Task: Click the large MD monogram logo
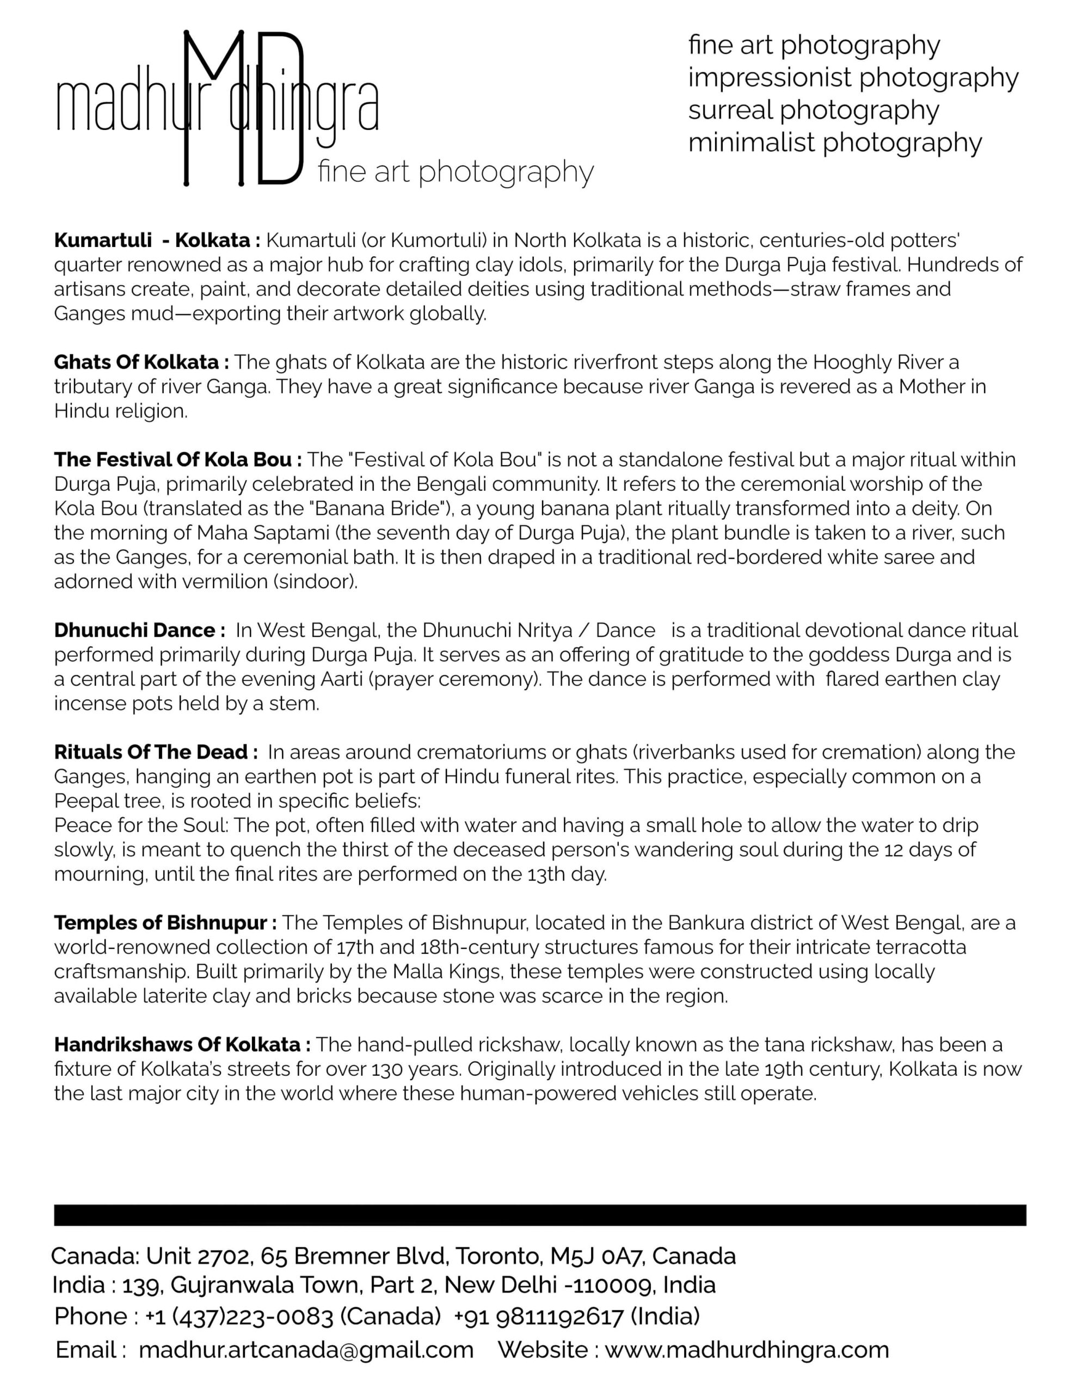(x=244, y=108)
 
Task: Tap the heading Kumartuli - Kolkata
(x=156, y=241)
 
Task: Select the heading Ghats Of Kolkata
(x=141, y=362)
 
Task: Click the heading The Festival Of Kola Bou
(x=177, y=459)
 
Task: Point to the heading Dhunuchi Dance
(x=139, y=630)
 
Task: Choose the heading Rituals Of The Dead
(x=156, y=752)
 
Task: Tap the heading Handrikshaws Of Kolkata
(x=182, y=1044)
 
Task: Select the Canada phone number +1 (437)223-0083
(x=238, y=1316)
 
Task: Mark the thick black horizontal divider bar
(x=540, y=1215)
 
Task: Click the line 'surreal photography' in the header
(x=813, y=110)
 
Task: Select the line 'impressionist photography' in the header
(x=852, y=77)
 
